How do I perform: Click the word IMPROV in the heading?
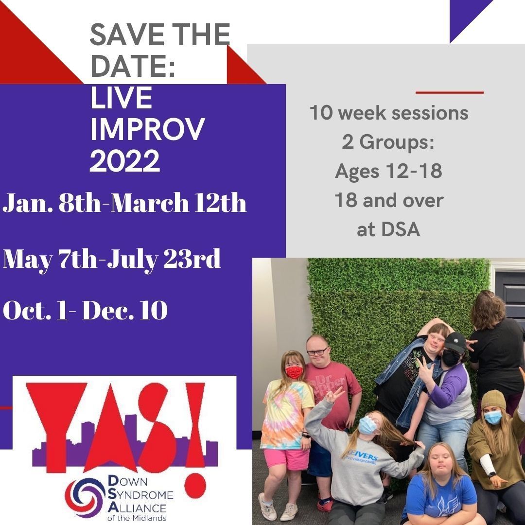point(147,129)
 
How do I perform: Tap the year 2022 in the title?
point(124,161)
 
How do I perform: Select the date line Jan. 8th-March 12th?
point(124,202)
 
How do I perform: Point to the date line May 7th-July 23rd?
point(112,259)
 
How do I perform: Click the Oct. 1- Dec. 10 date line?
point(85,310)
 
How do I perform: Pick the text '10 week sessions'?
point(389,113)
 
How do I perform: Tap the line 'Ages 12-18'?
point(388,171)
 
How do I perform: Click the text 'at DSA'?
point(388,229)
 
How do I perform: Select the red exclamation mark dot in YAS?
point(195,486)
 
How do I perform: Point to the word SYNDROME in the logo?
point(141,495)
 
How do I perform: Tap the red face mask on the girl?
point(294,372)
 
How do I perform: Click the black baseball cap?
point(455,342)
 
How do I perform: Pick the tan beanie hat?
point(494,400)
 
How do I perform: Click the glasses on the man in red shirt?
point(317,351)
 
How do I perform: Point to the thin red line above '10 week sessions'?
point(450,92)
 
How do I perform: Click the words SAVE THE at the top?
point(160,35)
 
